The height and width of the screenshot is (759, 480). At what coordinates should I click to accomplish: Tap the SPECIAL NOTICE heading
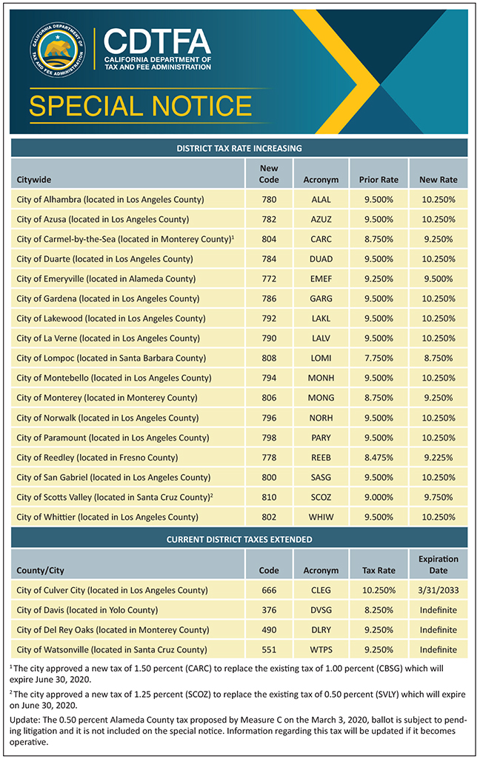point(140,106)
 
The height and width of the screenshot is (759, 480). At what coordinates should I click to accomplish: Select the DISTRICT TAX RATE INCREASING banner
point(239,148)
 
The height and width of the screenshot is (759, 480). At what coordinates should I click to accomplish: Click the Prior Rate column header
point(379,179)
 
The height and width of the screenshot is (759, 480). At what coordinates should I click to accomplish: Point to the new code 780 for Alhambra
point(269,199)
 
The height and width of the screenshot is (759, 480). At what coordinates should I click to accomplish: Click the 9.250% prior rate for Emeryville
point(379,278)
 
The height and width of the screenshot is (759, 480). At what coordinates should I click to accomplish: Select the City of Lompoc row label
point(110,358)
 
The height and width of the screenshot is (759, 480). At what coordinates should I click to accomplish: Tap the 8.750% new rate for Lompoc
point(438,358)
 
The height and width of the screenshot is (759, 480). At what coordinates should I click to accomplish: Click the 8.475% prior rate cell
point(379,457)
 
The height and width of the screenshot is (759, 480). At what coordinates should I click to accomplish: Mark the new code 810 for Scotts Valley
point(269,497)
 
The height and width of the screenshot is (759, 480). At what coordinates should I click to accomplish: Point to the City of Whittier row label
point(107,517)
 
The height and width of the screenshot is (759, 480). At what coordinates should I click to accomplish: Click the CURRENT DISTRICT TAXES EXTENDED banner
point(239,539)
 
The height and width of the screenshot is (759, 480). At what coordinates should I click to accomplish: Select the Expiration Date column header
point(438,564)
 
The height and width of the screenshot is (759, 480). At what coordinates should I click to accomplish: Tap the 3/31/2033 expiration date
point(438,590)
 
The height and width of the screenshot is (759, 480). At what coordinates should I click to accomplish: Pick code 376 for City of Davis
point(269,610)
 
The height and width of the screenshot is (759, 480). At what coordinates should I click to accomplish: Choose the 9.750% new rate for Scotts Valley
point(438,497)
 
